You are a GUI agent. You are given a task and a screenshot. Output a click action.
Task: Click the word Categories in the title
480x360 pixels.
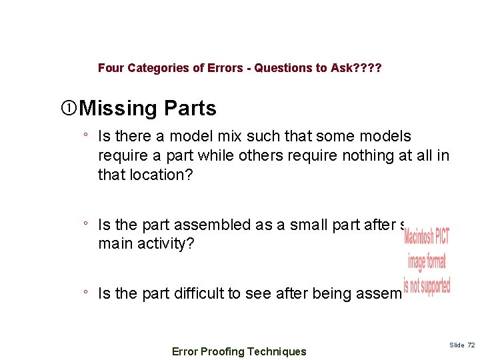pyautogui.click(x=152, y=68)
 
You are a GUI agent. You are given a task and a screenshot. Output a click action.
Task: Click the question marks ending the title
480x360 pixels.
pyautogui.click(x=367, y=68)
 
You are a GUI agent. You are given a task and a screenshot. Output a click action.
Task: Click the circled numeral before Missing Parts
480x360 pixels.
pyautogui.click(x=67, y=108)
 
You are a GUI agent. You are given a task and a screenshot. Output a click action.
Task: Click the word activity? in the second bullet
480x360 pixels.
pyautogui.click(x=167, y=243)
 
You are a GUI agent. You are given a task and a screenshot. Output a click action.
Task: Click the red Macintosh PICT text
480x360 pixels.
pyautogui.click(x=427, y=237)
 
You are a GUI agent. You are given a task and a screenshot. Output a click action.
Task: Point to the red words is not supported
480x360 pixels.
pyautogui.click(x=427, y=285)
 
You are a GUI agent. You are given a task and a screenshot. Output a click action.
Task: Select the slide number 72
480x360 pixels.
pyautogui.click(x=471, y=345)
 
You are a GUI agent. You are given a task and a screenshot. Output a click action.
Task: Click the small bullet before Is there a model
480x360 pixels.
pyautogui.click(x=86, y=136)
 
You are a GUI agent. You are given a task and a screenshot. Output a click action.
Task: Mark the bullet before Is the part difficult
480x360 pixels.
pyautogui.click(x=86, y=293)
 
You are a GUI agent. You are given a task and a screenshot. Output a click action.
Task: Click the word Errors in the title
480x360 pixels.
pyautogui.click(x=223, y=68)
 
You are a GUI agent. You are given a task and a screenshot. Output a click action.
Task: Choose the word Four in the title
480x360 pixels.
pyautogui.click(x=110, y=68)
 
